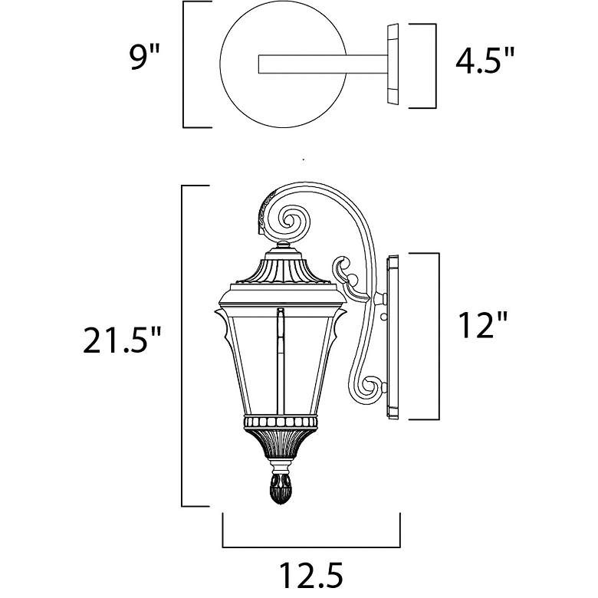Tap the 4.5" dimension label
click(x=485, y=61)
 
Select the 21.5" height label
click(x=122, y=339)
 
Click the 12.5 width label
click(x=311, y=574)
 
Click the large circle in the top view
click(x=284, y=64)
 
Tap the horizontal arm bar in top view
click(x=324, y=64)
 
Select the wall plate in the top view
click(x=393, y=64)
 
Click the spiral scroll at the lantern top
click(x=291, y=221)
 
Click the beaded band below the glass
click(x=281, y=422)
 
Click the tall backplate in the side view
click(x=393, y=338)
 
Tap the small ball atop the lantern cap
click(x=283, y=244)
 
